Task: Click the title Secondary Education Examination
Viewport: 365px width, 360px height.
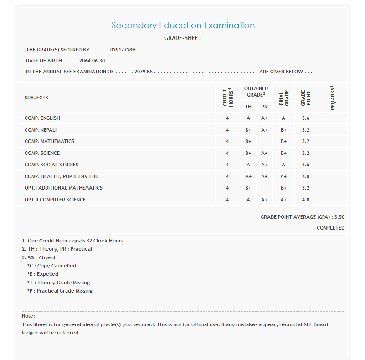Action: coord(183,26)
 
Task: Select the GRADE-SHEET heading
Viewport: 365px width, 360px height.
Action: coord(183,38)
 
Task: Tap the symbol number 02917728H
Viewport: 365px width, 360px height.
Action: coord(123,50)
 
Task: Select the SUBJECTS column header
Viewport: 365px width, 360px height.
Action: coord(36,98)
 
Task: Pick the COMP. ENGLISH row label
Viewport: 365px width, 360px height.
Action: coord(42,118)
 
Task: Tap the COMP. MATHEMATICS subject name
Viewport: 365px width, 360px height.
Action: coord(49,141)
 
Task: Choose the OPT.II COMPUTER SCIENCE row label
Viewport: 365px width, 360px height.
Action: coord(55,200)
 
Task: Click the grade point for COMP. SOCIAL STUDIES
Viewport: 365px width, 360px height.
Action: coord(305,165)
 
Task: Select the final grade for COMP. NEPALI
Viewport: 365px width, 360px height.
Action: coord(283,130)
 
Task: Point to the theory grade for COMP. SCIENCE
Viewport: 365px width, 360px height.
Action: coord(248,153)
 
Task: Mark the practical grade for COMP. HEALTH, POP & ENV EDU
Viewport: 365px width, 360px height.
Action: coord(264,176)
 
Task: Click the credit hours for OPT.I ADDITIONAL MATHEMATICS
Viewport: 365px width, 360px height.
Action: coord(227,188)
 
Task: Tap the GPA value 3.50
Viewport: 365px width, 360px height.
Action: coord(339,217)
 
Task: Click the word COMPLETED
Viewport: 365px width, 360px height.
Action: coord(330,228)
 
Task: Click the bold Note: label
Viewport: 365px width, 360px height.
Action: coord(28,316)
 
